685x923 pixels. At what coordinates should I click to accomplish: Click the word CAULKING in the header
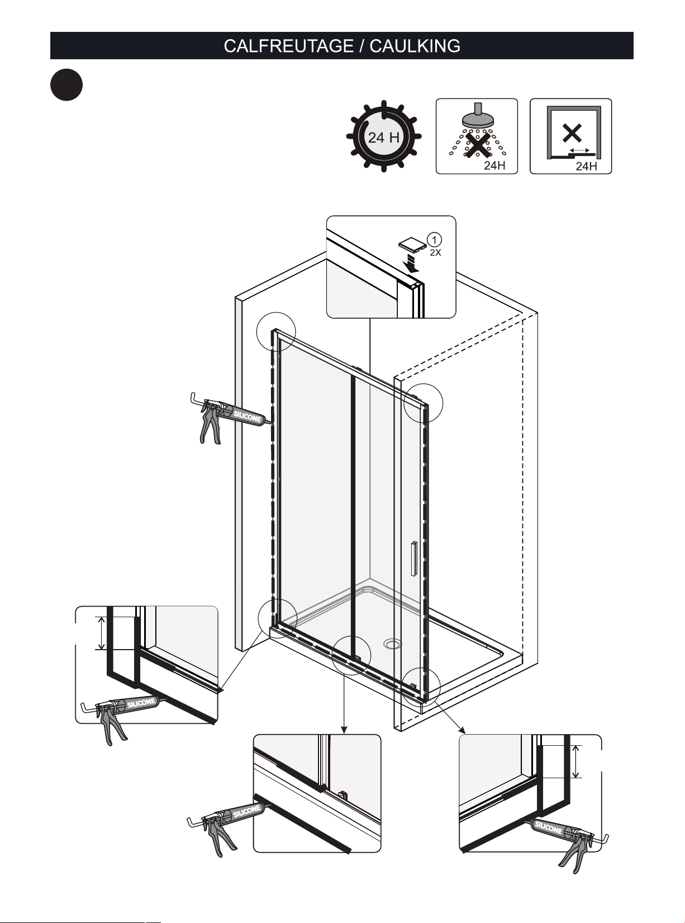click(x=415, y=46)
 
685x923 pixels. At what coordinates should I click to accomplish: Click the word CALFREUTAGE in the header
click(x=289, y=46)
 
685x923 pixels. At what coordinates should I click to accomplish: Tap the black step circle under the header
click(x=66, y=85)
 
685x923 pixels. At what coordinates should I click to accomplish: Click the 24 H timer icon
click(x=383, y=136)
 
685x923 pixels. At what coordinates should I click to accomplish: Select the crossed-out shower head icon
click(x=477, y=136)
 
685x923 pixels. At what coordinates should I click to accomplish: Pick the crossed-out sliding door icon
click(x=570, y=136)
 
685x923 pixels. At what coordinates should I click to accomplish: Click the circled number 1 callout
click(x=435, y=240)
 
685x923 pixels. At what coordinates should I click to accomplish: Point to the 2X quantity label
click(x=435, y=253)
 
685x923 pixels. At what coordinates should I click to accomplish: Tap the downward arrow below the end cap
click(x=412, y=264)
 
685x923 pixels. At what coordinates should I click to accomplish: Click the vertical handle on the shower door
click(x=414, y=559)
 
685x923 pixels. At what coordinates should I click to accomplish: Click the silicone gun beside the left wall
click(x=230, y=418)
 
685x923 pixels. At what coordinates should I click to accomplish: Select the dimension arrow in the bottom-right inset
click(x=575, y=761)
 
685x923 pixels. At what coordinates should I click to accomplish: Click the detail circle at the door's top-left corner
click(x=276, y=332)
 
